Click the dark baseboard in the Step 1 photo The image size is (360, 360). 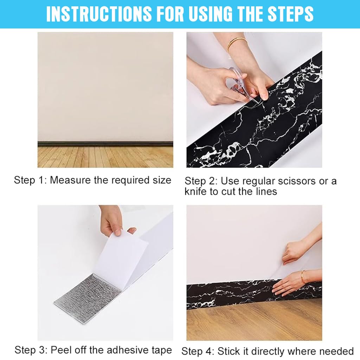click(x=105, y=144)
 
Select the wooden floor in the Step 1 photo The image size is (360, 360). click(x=105, y=157)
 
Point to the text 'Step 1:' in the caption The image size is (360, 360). click(x=30, y=180)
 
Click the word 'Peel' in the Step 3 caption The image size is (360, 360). click(x=60, y=350)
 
